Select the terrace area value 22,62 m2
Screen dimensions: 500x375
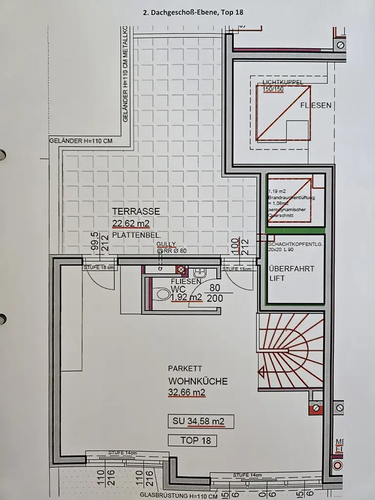[131, 223]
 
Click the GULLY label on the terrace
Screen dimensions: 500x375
[166, 244]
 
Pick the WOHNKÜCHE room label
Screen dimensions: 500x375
[198, 381]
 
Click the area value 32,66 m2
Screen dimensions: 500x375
[187, 392]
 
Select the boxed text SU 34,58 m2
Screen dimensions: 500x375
[200, 421]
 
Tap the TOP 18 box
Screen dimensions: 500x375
[195, 440]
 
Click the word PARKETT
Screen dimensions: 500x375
[185, 369]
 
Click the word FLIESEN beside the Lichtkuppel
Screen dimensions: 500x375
[315, 105]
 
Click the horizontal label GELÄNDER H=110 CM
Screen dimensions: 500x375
[81, 141]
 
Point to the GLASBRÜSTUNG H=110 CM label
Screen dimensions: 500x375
[178, 496]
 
